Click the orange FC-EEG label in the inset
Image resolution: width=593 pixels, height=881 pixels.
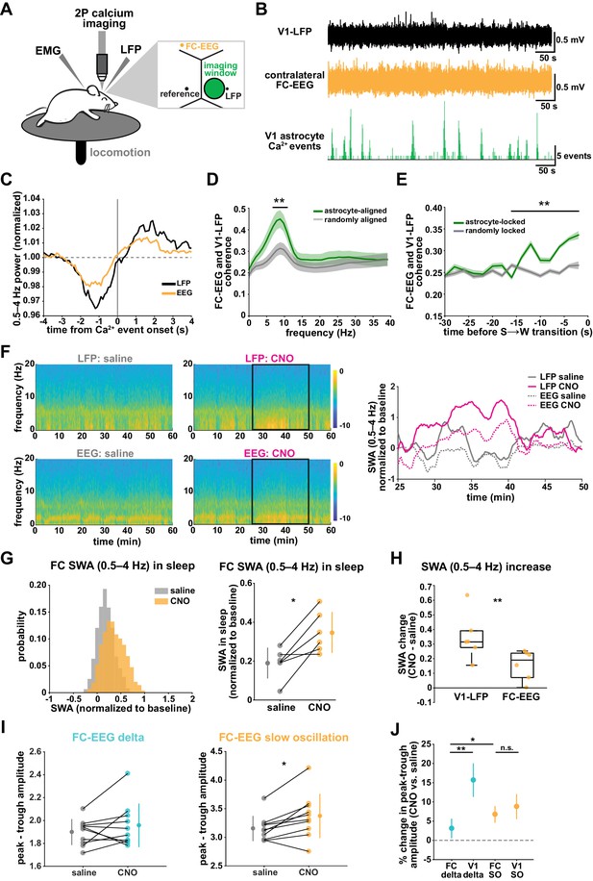pyautogui.click(x=201, y=46)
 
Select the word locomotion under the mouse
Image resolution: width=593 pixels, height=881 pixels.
pyautogui.click(x=120, y=152)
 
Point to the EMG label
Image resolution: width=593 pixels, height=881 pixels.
pyautogui.click(x=48, y=51)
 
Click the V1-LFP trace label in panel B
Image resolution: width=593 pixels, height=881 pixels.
pyautogui.click(x=295, y=32)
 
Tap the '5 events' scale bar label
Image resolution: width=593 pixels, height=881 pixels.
pyautogui.click(x=574, y=156)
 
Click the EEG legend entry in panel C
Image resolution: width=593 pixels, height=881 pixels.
pyautogui.click(x=179, y=292)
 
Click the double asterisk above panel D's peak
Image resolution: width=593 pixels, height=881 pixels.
pyautogui.click(x=280, y=200)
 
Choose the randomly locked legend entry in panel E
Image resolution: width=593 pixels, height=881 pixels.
pyautogui.click(x=489, y=231)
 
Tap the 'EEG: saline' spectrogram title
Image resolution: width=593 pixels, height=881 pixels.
pyautogui.click(x=106, y=453)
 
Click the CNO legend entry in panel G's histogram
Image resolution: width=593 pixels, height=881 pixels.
pyautogui.click(x=175, y=600)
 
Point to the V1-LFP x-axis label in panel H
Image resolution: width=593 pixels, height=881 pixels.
pyautogui.click(x=471, y=696)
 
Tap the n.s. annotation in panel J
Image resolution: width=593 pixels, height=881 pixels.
pyautogui.click(x=507, y=748)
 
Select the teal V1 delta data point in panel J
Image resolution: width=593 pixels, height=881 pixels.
pyautogui.click(x=474, y=780)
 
